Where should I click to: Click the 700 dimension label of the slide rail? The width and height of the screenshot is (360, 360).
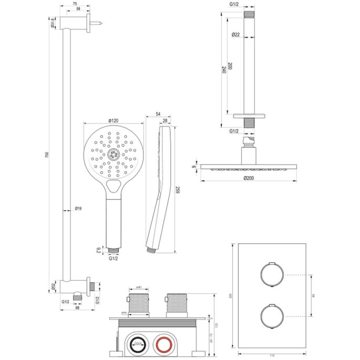[x=47, y=155]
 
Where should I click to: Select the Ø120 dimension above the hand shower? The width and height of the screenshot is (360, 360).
[x=113, y=121]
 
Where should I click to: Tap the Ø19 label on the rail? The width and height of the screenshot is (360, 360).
[x=78, y=209]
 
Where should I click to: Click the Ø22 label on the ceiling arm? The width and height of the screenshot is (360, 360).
[x=236, y=35]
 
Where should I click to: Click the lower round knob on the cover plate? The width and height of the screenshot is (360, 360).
[x=271, y=316]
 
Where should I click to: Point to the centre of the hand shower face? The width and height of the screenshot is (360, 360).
[x=112, y=154]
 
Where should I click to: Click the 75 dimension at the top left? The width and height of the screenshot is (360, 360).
[x=75, y=4]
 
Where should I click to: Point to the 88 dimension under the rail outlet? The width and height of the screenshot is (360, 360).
[x=77, y=308]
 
